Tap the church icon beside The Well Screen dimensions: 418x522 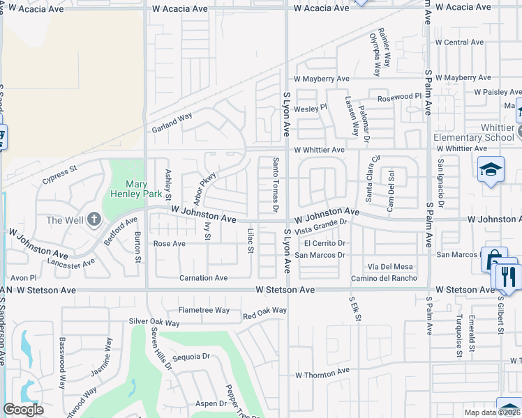(94, 220)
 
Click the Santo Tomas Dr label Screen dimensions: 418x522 (276, 185)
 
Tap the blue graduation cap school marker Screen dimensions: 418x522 (491, 169)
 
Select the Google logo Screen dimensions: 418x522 (23, 410)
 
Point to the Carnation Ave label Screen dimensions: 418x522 (203, 277)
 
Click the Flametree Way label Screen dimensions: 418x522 (204, 310)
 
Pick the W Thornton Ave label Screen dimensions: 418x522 (322, 374)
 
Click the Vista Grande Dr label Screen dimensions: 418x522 (321, 226)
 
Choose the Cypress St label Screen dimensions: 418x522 (58, 171)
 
